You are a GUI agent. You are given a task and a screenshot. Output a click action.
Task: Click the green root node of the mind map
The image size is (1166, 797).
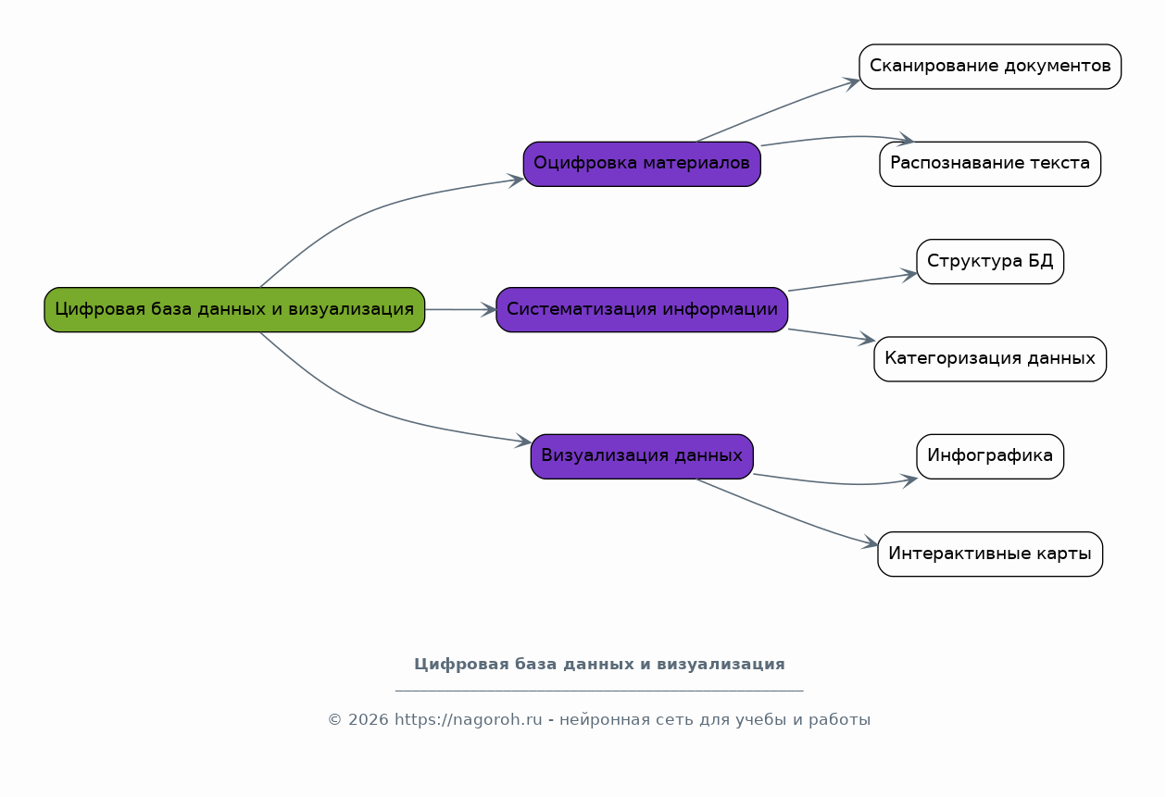point(234,309)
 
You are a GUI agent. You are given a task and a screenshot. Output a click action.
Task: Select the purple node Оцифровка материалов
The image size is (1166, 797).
point(642,164)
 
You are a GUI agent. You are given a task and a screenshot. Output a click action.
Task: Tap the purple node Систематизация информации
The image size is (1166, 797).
point(642,309)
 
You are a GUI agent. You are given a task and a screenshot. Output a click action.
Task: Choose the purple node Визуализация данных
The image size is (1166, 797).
point(642,456)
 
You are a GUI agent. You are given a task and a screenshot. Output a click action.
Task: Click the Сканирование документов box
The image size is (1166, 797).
point(990,67)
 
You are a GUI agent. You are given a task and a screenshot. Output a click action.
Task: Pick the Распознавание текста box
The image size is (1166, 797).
point(990,164)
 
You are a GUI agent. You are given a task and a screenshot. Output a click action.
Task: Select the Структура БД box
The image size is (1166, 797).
point(990,261)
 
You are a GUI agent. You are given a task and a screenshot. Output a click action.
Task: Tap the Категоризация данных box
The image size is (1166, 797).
point(990,359)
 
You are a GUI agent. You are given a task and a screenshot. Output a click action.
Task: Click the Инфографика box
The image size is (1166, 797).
point(990,456)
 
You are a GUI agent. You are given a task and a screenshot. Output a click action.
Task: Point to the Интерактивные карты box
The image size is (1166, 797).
point(990,554)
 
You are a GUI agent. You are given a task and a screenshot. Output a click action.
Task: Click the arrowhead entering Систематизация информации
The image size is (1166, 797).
point(489,309)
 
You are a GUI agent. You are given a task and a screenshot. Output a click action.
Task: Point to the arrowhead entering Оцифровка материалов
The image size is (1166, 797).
point(516,181)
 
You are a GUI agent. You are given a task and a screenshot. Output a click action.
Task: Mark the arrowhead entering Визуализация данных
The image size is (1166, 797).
point(523,442)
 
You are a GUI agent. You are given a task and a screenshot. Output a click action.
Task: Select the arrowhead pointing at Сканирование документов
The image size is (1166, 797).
point(852,83)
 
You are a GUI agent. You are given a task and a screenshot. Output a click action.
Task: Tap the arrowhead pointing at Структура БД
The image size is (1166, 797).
point(909,275)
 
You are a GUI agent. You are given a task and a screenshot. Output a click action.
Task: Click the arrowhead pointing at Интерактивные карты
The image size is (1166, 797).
point(871,542)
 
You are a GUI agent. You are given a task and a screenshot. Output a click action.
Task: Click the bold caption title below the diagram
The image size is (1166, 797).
point(599,665)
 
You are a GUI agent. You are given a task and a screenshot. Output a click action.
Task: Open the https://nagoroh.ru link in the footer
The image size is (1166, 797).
point(468,719)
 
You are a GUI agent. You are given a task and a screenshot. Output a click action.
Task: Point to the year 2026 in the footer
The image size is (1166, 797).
point(368,719)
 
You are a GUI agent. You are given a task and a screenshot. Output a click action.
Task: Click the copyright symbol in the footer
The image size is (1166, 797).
point(334,719)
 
